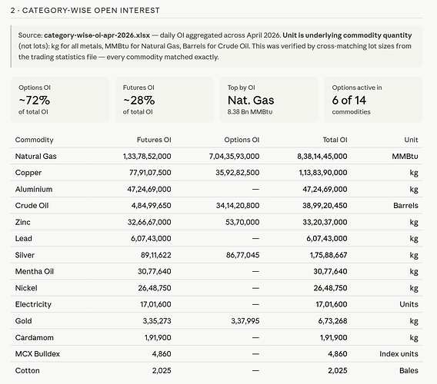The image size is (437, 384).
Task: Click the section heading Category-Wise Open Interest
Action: (x=91, y=11)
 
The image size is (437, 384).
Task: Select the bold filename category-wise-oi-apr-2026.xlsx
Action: (x=97, y=35)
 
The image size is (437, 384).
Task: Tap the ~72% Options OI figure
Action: (x=35, y=101)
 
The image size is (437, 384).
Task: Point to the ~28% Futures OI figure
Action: (x=138, y=101)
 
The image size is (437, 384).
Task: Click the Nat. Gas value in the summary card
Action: (x=251, y=101)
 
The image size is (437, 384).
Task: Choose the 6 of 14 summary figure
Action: (x=349, y=101)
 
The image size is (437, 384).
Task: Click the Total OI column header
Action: (x=335, y=140)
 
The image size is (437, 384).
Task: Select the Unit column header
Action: (x=411, y=140)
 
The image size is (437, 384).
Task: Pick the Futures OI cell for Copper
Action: (x=150, y=173)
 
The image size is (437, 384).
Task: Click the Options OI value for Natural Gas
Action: (x=234, y=157)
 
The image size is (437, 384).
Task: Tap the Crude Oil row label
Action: (x=32, y=206)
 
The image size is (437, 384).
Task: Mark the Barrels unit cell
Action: (x=405, y=206)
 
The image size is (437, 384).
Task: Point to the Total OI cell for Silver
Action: (x=329, y=255)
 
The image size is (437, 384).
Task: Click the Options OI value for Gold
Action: (x=245, y=321)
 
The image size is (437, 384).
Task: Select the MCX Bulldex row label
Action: (x=38, y=354)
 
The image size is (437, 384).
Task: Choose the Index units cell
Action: (x=399, y=354)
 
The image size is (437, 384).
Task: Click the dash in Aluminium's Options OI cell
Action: (x=255, y=189)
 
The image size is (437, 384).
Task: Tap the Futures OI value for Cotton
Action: (x=162, y=370)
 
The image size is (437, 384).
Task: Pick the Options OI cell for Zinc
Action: (x=242, y=222)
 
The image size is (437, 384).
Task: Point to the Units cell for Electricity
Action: (x=409, y=304)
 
